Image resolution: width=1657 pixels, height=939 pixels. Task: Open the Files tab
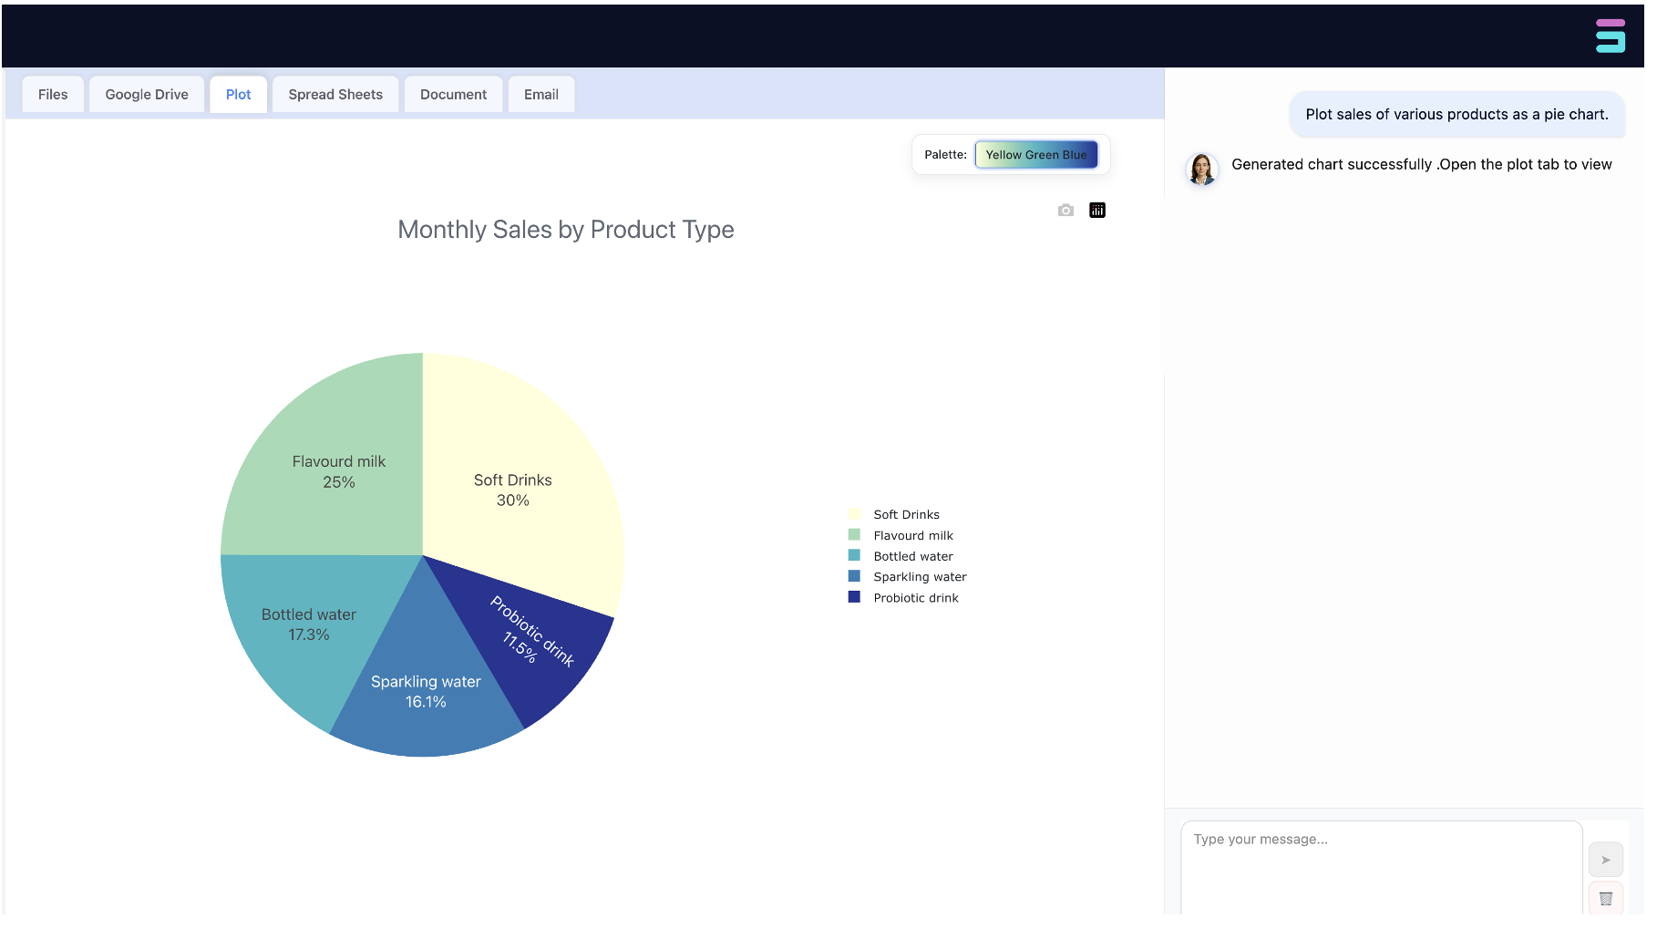click(x=53, y=95)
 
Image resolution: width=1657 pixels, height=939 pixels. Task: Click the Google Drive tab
click(x=147, y=95)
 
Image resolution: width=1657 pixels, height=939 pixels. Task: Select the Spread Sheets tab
click(x=335, y=95)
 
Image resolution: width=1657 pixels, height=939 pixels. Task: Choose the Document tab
click(x=453, y=95)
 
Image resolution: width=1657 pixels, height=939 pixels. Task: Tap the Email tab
click(x=541, y=95)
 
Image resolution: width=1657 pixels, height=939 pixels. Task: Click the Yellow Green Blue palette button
click(x=1036, y=155)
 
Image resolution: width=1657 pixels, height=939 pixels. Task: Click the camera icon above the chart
click(x=1065, y=211)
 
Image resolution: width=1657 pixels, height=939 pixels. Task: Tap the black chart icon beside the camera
click(x=1097, y=211)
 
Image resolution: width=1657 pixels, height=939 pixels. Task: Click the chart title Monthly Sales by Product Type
click(x=565, y=230)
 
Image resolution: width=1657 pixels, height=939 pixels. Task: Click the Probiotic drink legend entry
click(x=915, y=598)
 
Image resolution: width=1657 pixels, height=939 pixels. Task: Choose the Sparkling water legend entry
click(x=919, y=577)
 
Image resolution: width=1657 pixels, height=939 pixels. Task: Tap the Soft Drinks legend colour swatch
click(x=854, y=514)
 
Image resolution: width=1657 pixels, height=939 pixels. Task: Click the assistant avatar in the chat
click(x=1201, y=170)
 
